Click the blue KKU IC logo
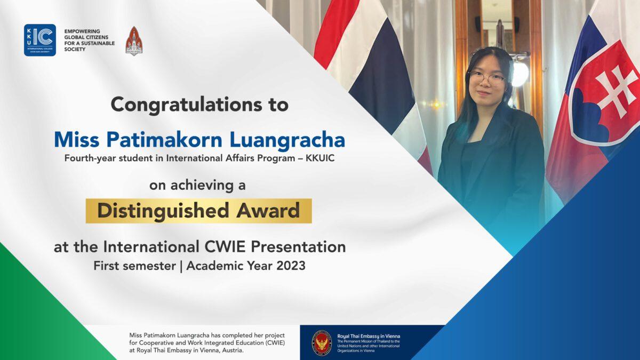point(40,40)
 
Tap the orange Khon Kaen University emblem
point(134,41)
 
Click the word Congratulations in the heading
point(186,105)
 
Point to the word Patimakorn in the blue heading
point(165,140)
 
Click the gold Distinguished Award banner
point(198,211)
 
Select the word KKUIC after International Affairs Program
point(320,158)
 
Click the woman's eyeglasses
point(487,78)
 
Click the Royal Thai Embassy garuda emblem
point(322,343)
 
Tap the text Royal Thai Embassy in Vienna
point(369,337)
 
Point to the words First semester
point(134,266)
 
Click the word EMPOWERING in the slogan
point(82,31)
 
